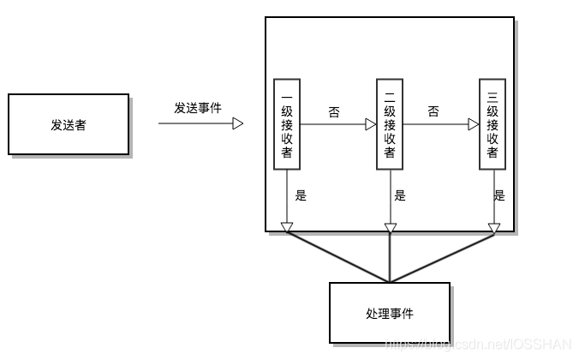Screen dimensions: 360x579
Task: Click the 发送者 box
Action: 69,124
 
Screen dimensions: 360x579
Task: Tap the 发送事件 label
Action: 198,108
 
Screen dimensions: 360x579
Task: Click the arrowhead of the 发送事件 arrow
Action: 238,124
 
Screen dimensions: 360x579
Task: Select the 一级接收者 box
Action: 287,124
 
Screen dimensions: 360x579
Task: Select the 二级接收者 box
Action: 390,124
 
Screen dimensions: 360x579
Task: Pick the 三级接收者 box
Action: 492,124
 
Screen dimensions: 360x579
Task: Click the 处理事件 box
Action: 390,313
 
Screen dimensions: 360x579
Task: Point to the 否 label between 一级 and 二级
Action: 334,111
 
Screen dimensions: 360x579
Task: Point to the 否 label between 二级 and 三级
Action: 433,111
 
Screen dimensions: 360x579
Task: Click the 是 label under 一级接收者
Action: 301,195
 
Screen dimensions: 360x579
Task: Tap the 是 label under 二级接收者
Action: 400,195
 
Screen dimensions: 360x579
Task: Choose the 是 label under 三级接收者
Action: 499,195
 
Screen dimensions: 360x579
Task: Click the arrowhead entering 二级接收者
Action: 371,124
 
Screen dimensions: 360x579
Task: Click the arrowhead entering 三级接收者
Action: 474,124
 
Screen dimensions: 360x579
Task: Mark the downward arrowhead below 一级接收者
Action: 287,227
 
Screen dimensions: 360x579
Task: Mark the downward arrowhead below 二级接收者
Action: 390,227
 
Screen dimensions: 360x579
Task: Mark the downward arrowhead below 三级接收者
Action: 492,227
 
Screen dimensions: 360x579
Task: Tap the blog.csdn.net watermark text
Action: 480,344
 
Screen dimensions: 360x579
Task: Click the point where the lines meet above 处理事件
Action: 390,281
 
